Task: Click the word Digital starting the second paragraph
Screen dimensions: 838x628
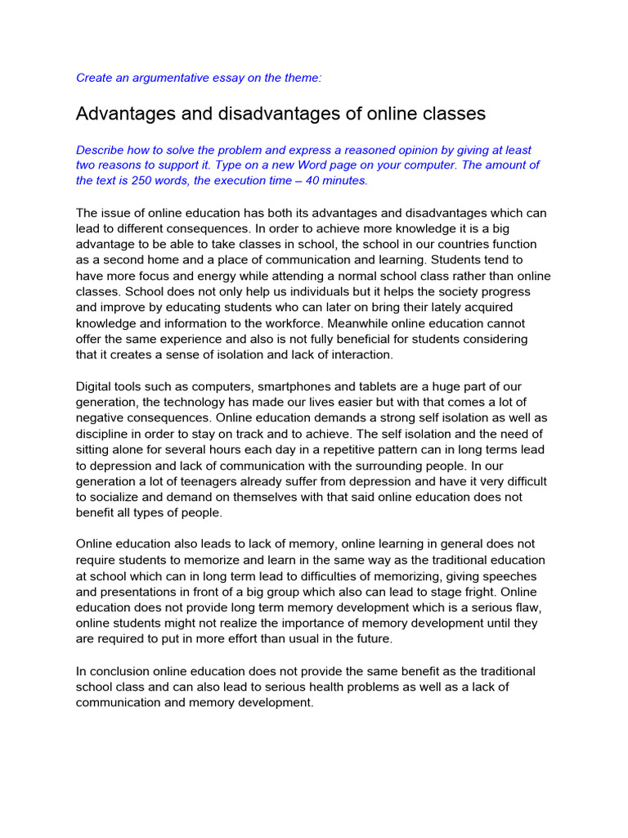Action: click(x=96, y=386)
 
